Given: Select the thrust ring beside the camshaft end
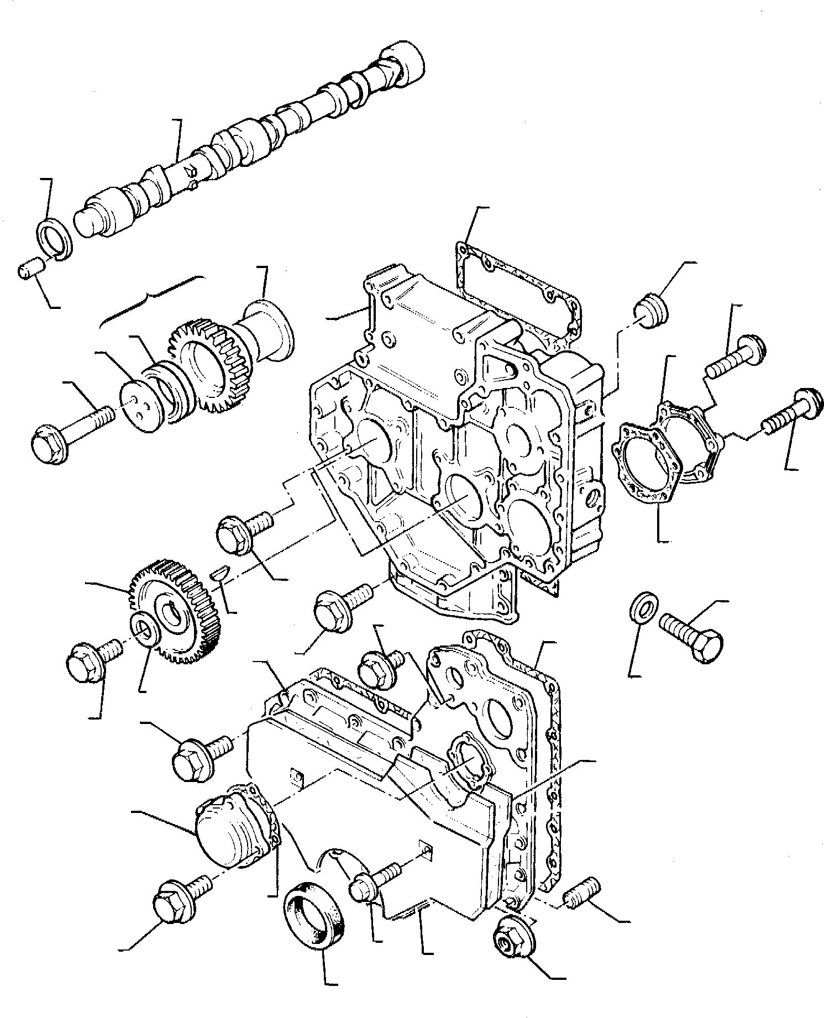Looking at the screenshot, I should point(55,237).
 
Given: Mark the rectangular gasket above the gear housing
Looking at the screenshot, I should point(517,287).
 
